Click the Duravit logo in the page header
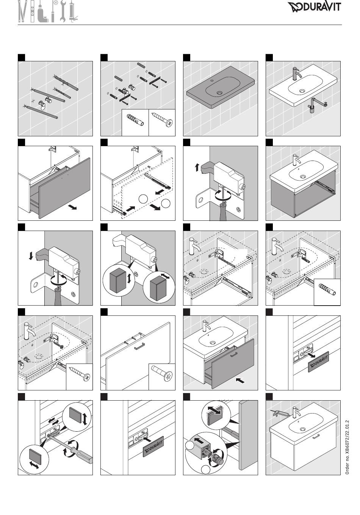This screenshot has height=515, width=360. [314, 7]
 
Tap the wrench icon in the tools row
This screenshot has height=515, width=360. [63, 11]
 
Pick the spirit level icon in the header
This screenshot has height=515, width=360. [33, 12]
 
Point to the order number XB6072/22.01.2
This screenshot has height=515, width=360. [347, 447]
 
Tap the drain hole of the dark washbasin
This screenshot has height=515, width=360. [219, 93]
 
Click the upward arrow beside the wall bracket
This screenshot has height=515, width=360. [197, 167]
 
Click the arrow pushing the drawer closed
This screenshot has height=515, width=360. [240, 381]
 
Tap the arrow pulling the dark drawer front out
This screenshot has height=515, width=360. [73, 208]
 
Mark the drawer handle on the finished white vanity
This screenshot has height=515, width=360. [316, 437]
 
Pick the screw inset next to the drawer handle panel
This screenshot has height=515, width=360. [162, 373]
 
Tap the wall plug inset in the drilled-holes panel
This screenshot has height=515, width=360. [135, 120]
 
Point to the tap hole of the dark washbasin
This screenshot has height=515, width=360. [212, 81]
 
